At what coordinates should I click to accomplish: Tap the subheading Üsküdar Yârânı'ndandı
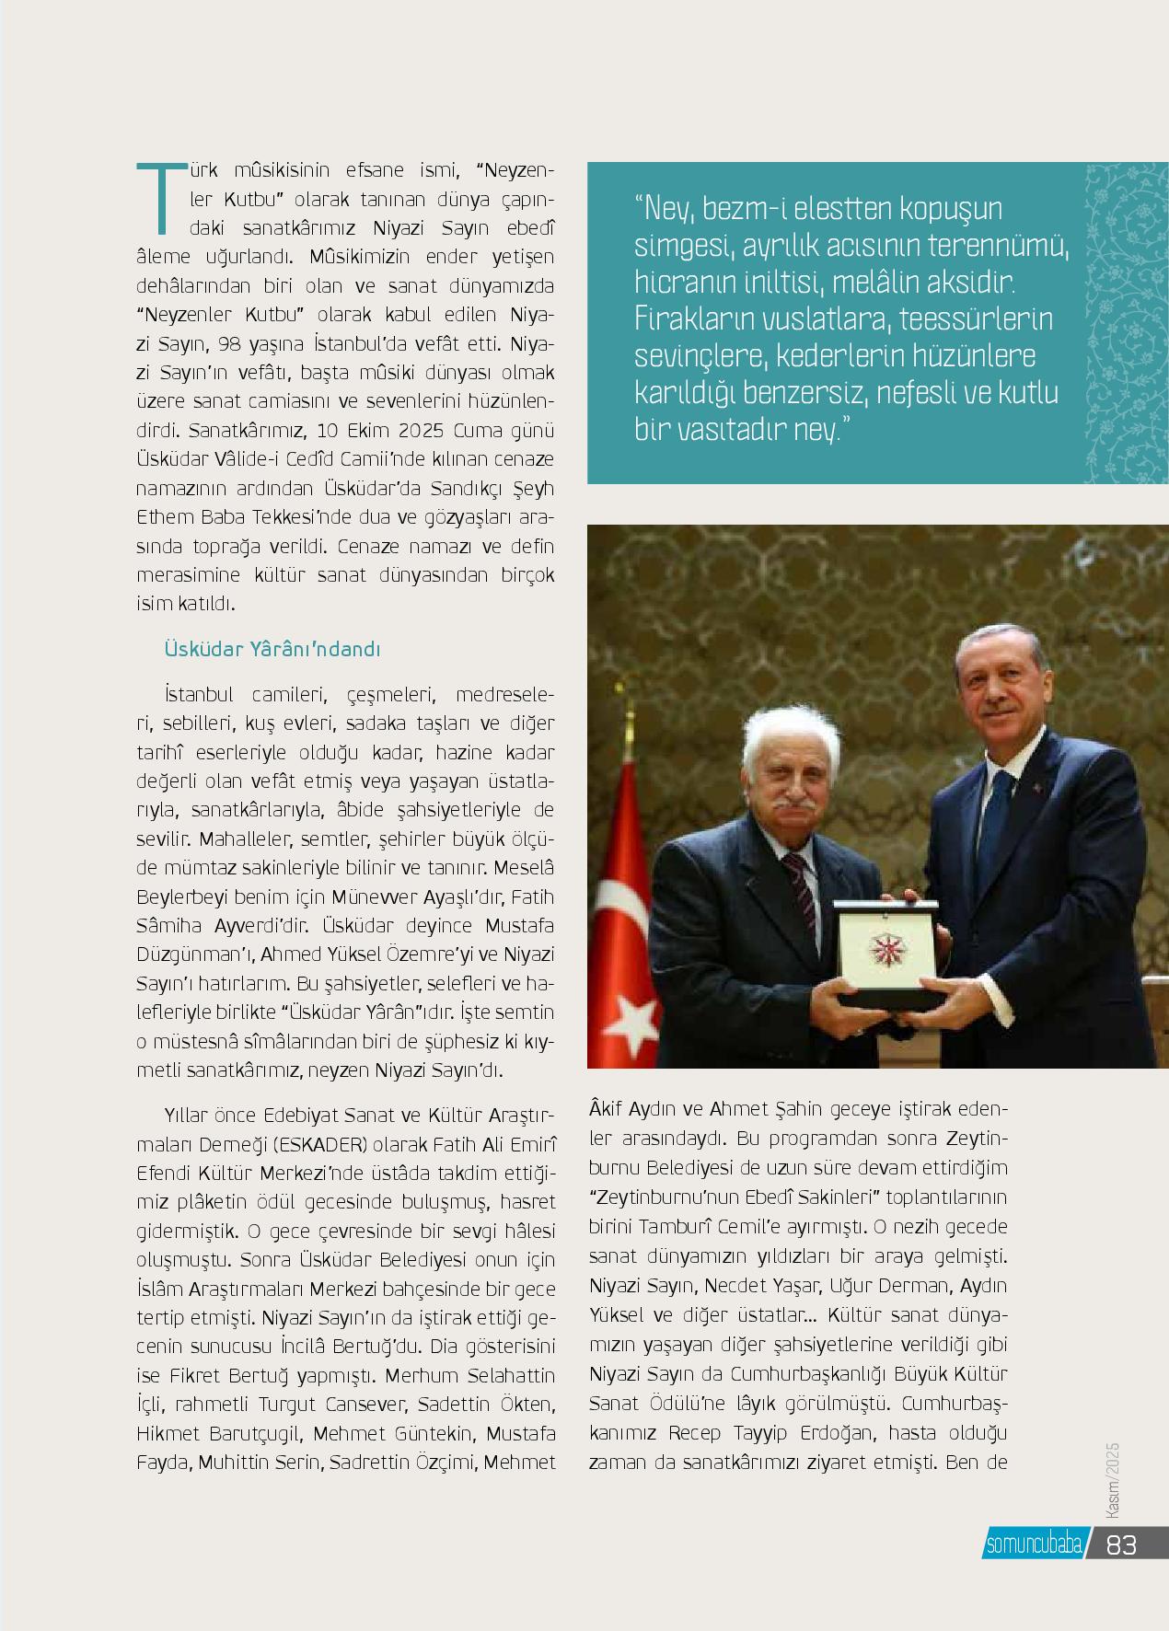coord(272,650)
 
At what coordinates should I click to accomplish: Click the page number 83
coord(1122,1544)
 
